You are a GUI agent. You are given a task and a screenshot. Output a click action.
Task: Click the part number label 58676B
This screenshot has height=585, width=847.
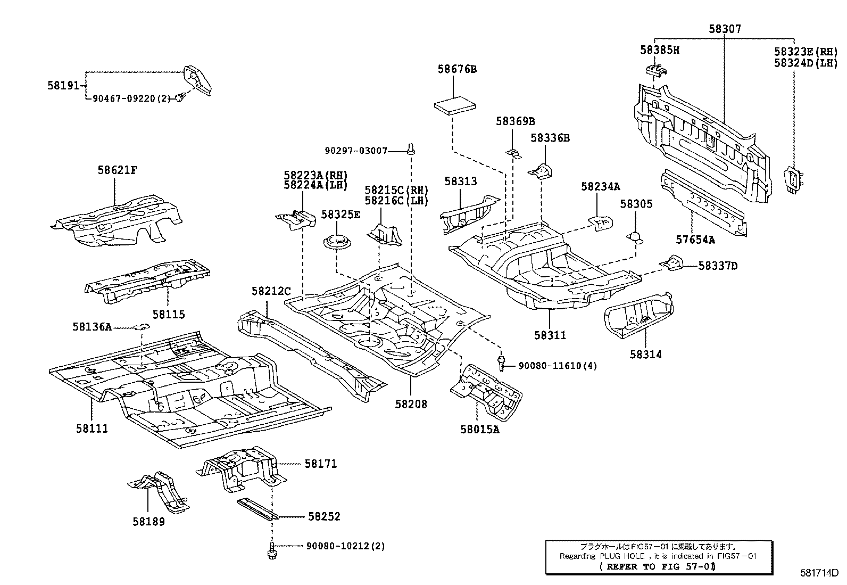(x=457, y=69)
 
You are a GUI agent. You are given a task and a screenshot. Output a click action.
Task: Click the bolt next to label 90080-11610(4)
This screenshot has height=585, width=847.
(x=501, y=364)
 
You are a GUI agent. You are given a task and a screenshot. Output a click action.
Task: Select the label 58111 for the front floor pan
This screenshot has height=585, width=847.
(x=92, y=429)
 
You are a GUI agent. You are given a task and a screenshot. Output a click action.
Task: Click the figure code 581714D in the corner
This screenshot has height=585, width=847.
(x=819, y=573)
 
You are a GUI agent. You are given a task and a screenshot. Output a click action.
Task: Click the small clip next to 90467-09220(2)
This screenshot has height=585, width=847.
(x=182, y=96)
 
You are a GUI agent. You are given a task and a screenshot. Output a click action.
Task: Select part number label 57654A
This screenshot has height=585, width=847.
(x=695, y=240)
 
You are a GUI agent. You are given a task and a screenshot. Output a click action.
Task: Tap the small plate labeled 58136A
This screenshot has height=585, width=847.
(x=142, y=326)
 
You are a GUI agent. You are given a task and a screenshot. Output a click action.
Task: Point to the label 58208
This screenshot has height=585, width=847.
(x=411, y=404)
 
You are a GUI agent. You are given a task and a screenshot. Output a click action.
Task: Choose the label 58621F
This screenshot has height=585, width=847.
(x=117, y=170)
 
